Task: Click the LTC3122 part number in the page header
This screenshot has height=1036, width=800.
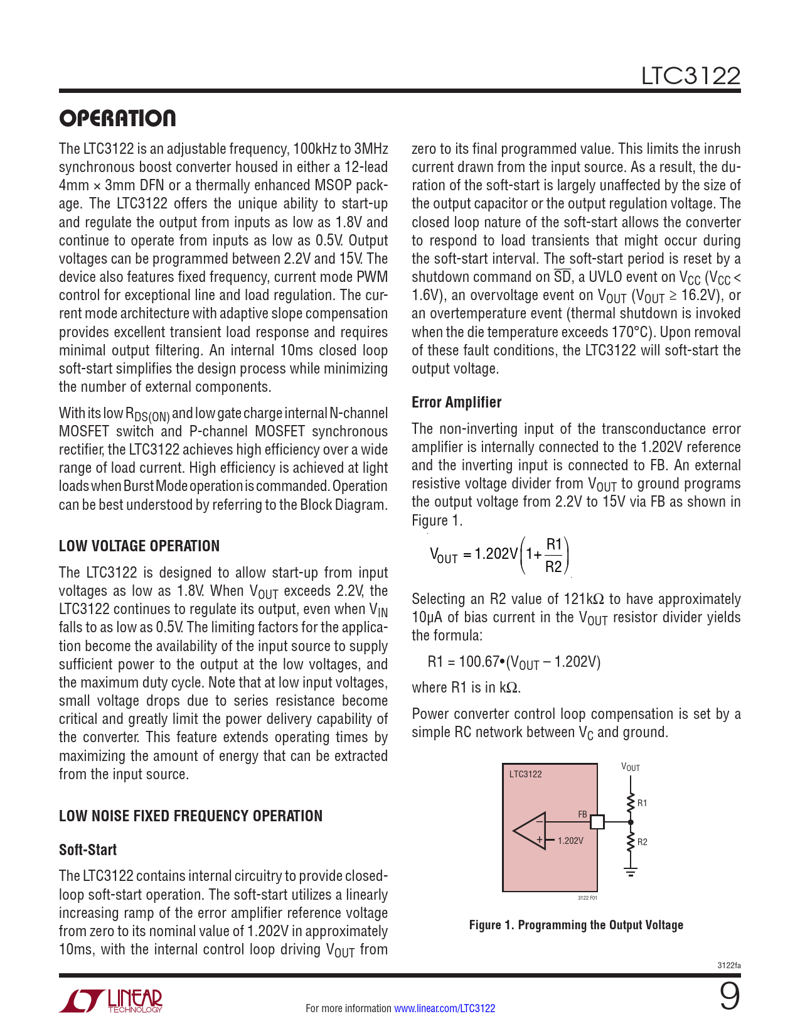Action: [690, 77]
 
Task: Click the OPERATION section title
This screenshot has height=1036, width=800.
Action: [117, 119]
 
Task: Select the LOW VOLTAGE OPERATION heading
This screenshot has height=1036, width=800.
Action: [139, 546]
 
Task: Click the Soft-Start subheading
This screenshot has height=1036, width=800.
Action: [88, 850]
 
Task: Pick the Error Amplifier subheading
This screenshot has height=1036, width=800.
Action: [456, 402]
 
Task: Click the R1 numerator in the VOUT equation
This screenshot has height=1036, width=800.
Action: [554, 544]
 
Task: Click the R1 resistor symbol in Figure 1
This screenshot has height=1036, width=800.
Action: [631, 802]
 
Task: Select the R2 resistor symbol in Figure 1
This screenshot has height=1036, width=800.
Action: [631, 841]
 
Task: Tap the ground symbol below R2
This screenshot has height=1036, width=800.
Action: [631, 871]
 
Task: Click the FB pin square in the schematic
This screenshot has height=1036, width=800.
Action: [597, 821]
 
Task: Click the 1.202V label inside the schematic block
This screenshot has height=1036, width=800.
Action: [570, 841]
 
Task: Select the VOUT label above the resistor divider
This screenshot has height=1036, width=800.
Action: [631, 767]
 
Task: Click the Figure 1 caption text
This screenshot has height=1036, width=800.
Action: [576, 925]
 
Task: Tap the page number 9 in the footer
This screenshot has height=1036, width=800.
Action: [729, 996]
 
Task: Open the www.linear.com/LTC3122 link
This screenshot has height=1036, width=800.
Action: [444, 1008]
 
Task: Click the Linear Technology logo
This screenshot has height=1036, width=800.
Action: [111, 1001]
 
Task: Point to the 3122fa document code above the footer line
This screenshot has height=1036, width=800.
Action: [729, 966]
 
